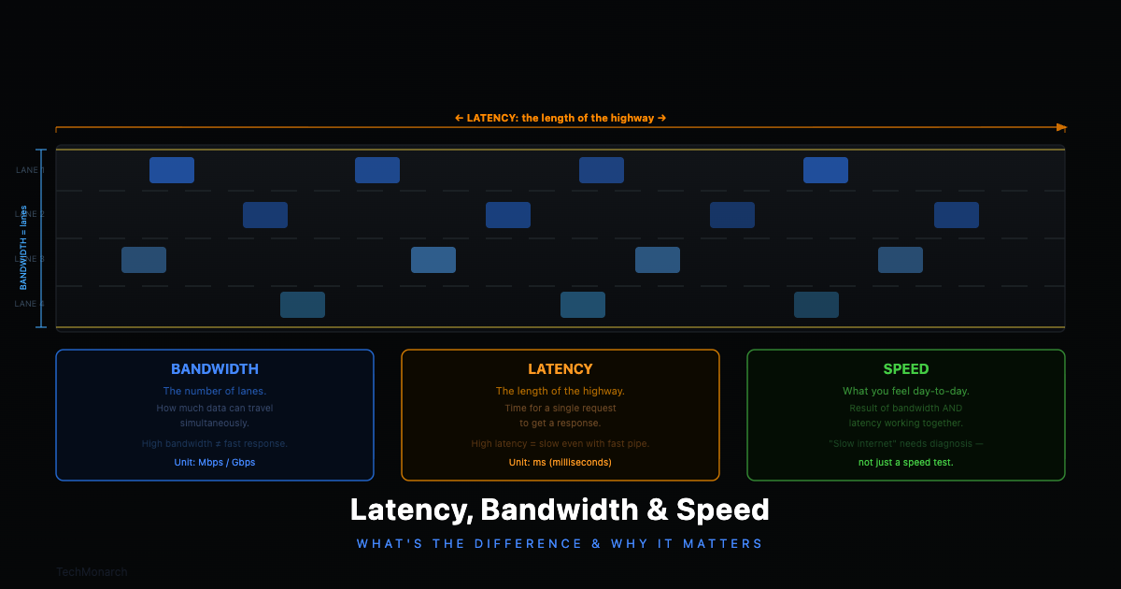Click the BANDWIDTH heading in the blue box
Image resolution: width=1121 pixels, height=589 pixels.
coord(215,369)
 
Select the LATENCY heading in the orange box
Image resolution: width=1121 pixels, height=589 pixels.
coord(560,369)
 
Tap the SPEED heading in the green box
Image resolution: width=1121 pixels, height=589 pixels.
coord(906,369)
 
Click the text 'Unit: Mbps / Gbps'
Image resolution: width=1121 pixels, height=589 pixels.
coord(215,462)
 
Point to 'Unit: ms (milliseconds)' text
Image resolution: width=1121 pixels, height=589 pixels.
coord(560,462)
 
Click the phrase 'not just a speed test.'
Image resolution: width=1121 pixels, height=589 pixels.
coord(906,462)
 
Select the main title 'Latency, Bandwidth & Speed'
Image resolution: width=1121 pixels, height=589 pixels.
coord(560,510)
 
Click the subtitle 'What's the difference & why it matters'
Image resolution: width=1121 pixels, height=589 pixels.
coord(560,543)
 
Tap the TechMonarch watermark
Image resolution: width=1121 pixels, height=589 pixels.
coord(92,571)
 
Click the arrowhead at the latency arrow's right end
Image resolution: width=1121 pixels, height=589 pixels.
coord(1061,127)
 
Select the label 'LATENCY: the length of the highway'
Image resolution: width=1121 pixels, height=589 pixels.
coord(560,118)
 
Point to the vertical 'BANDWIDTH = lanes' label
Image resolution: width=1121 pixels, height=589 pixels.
coord(24,248)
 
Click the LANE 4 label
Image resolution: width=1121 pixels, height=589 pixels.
coord(30,304)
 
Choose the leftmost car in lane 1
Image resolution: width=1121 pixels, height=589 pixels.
coord(172,170)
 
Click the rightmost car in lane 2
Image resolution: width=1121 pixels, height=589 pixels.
coord(957,215)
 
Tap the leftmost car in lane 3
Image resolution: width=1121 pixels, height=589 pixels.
coord(144,260)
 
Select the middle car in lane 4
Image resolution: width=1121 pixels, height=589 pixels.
coord(583,305)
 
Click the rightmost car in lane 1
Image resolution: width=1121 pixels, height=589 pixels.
coord(826,170)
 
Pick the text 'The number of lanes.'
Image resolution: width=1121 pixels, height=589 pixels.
coord(215,391)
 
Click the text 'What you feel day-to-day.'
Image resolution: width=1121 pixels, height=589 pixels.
coord(906,391)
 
